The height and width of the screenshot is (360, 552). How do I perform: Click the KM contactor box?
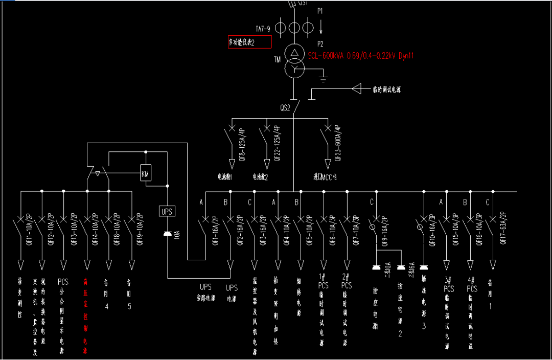pyautogui.click(x=146, y=173)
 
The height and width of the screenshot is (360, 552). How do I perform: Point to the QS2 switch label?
pyautogui.click(x=285, y=108)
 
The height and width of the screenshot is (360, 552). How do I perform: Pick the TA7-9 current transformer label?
pyautogui.click(x=263, y=29)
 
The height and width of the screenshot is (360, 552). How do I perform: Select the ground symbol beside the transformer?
pyautogui.click(x=323, y=78)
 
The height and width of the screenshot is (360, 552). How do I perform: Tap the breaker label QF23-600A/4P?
pyautogui.click(x=338, y=144)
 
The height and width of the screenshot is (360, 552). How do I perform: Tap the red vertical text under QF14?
pyautogui.click(x=85, y=316)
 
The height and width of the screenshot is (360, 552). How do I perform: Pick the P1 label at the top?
pyautogui.click(x=320, y=11)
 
